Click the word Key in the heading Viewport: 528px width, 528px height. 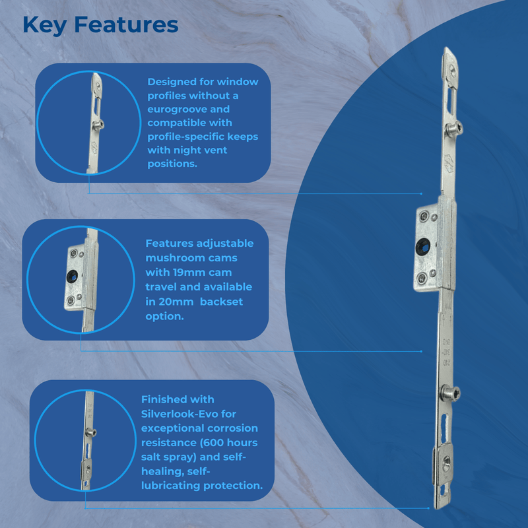(44, 26)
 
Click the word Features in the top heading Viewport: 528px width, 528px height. (126, 25)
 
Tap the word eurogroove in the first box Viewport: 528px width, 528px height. (189, 110)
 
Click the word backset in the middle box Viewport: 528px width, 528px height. (221, 302)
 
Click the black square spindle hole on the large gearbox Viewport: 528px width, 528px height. (423, 247)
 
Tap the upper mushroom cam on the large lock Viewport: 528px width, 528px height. (454, 128)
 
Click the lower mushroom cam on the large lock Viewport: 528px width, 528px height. (451, 393)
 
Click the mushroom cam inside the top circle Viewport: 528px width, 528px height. (98, 125)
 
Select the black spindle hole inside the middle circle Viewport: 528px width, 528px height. (72, 277)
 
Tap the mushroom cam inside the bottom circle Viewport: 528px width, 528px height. (90, 432)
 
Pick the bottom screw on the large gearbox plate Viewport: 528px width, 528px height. (422, 279)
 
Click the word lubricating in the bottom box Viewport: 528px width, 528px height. (171, 486)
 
